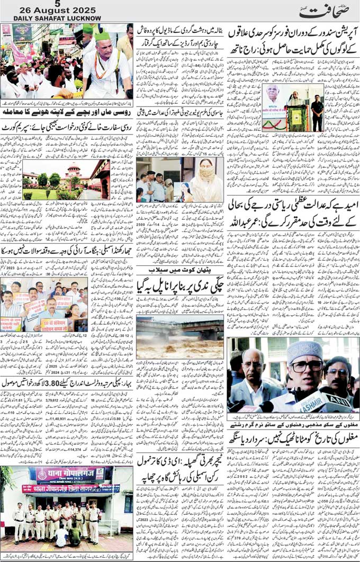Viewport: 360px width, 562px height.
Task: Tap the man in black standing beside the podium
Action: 317,112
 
